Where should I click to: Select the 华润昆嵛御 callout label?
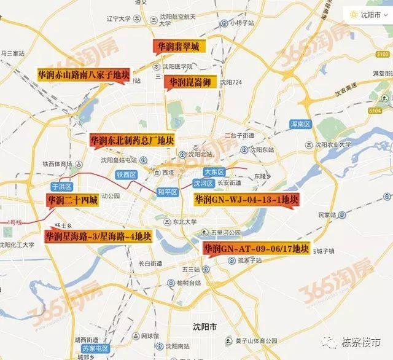click(191, 82)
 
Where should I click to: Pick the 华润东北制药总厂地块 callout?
click(132, 140)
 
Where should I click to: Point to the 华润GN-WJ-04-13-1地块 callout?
click(246, 200)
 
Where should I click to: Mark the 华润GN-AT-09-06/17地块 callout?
click(257, 249)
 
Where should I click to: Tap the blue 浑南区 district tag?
click(301, 124)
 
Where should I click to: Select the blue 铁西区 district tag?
click(125, 174)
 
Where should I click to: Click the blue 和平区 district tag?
click(167, 192)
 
